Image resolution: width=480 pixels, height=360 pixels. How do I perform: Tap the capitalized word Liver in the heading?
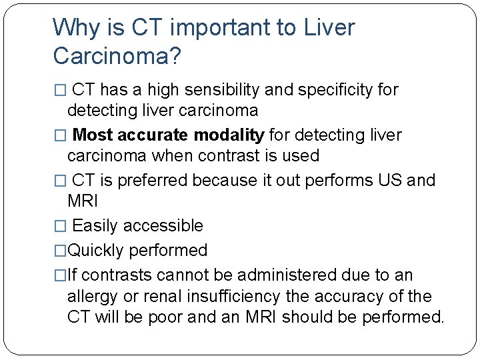[x=329, y=28]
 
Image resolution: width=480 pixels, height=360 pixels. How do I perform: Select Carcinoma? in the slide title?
[x=117, y=57]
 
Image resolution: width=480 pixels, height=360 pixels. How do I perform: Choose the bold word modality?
[x=229, y=135]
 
